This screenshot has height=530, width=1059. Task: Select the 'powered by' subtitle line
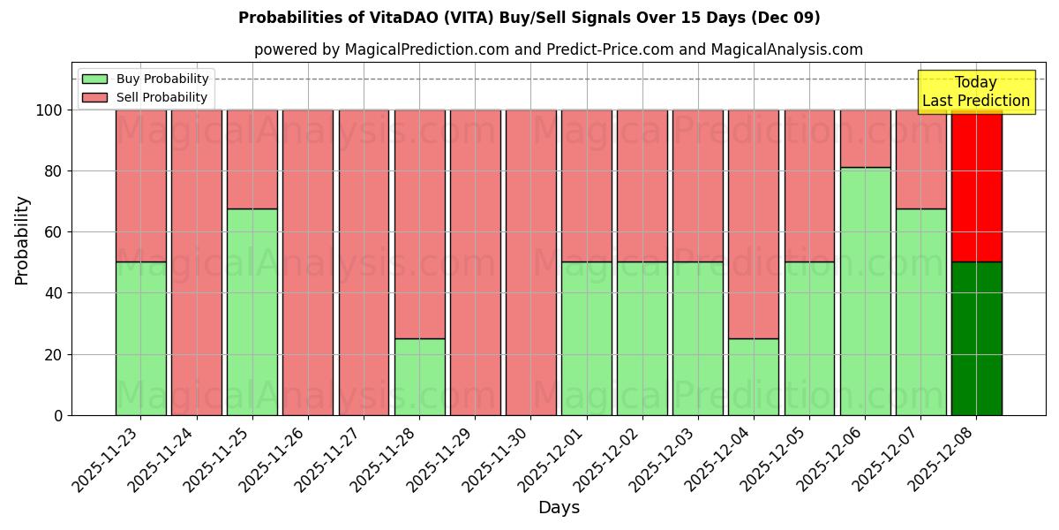pos(558,49)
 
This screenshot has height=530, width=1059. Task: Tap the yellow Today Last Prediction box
pos(975,92)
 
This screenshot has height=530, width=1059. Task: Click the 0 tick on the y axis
pos(58,415)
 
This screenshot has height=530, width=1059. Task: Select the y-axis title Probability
pos(22,240)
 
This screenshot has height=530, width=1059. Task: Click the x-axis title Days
pos(559,507)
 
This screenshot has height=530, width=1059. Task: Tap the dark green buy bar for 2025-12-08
pos(976,338)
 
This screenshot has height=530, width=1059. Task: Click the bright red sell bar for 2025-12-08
pos(976,185)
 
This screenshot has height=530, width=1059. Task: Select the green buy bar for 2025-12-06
pos(865,291)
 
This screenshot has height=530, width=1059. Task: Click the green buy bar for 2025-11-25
pos(252,312)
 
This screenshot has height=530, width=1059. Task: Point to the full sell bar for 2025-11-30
pos(530,262)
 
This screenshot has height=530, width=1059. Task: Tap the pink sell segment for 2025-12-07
pos(920,159)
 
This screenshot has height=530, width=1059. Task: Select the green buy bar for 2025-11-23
pos(140,338)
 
